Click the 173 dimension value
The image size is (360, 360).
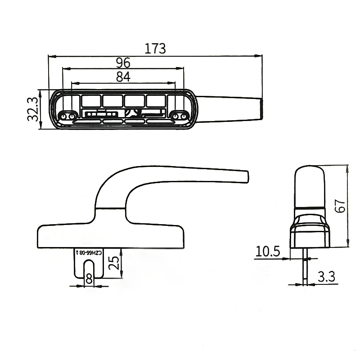point(155,48)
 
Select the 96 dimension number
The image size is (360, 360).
point(123,62)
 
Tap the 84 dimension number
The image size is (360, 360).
point(123,77)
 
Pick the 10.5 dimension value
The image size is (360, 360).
point(268,251)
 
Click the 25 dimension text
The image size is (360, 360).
point(115,263)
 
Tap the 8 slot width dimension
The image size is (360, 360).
point(89,279)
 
